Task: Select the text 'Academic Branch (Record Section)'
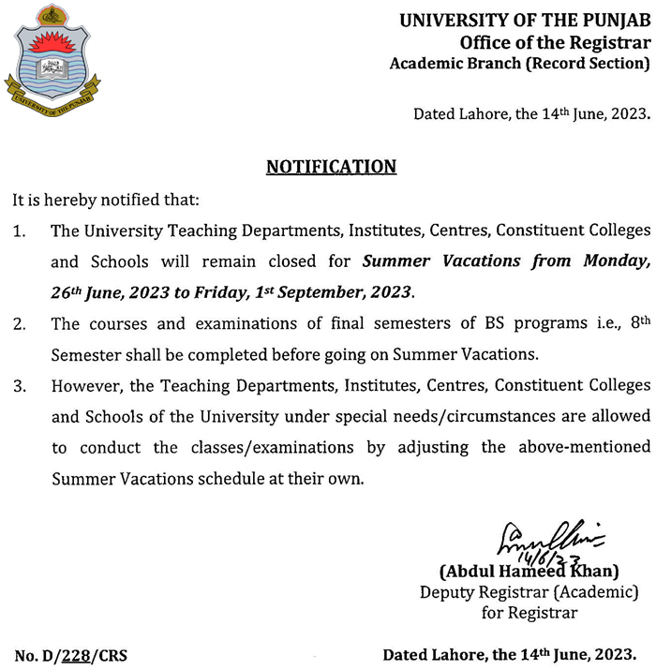tap(519, 64)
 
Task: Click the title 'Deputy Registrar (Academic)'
tap(529, 592)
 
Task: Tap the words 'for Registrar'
tap(530, 613)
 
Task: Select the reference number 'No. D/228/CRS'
tap(71, 654)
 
